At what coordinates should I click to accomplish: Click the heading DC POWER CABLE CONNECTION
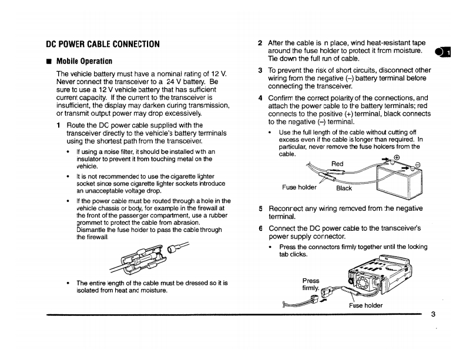click(x=103, y=43)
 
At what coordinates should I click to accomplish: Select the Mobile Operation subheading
click(x=84, y=60)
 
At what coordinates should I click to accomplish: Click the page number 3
click(x=433, y=314)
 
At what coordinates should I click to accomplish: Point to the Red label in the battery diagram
click(x=337, y=164)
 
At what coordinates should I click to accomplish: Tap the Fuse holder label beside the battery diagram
click(x=300, y=187)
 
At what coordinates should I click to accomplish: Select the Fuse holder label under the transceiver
click(x=367, y=305)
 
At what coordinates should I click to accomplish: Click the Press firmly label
click(x=310, y=284)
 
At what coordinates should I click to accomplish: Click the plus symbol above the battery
click(x=396, y=157)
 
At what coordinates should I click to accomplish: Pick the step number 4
click(x=260, y=97)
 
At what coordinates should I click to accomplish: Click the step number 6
click(x=260, y=228)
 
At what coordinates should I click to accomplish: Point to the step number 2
click(x=260, y=43)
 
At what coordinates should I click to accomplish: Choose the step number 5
click(x=260, y=208)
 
